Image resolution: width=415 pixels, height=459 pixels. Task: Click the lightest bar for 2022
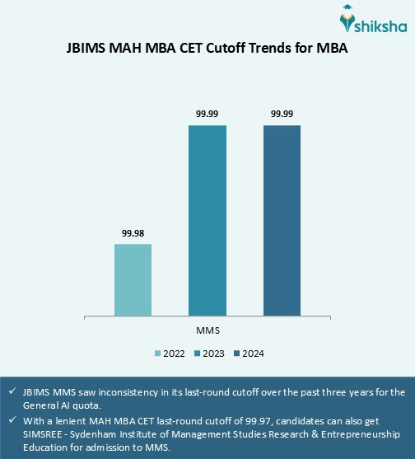point(133,279)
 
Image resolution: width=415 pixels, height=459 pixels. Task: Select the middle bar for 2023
point(207,220)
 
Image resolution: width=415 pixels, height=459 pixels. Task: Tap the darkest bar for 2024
point(282,220)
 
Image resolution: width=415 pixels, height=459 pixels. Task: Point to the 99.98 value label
point(133,232)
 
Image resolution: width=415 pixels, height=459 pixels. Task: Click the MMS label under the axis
point(207,330)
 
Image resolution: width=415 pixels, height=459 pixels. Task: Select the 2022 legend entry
point(168,354)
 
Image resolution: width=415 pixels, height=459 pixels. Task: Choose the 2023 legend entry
point(207,354)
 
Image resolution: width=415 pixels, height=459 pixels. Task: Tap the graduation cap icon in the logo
point(348,15)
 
